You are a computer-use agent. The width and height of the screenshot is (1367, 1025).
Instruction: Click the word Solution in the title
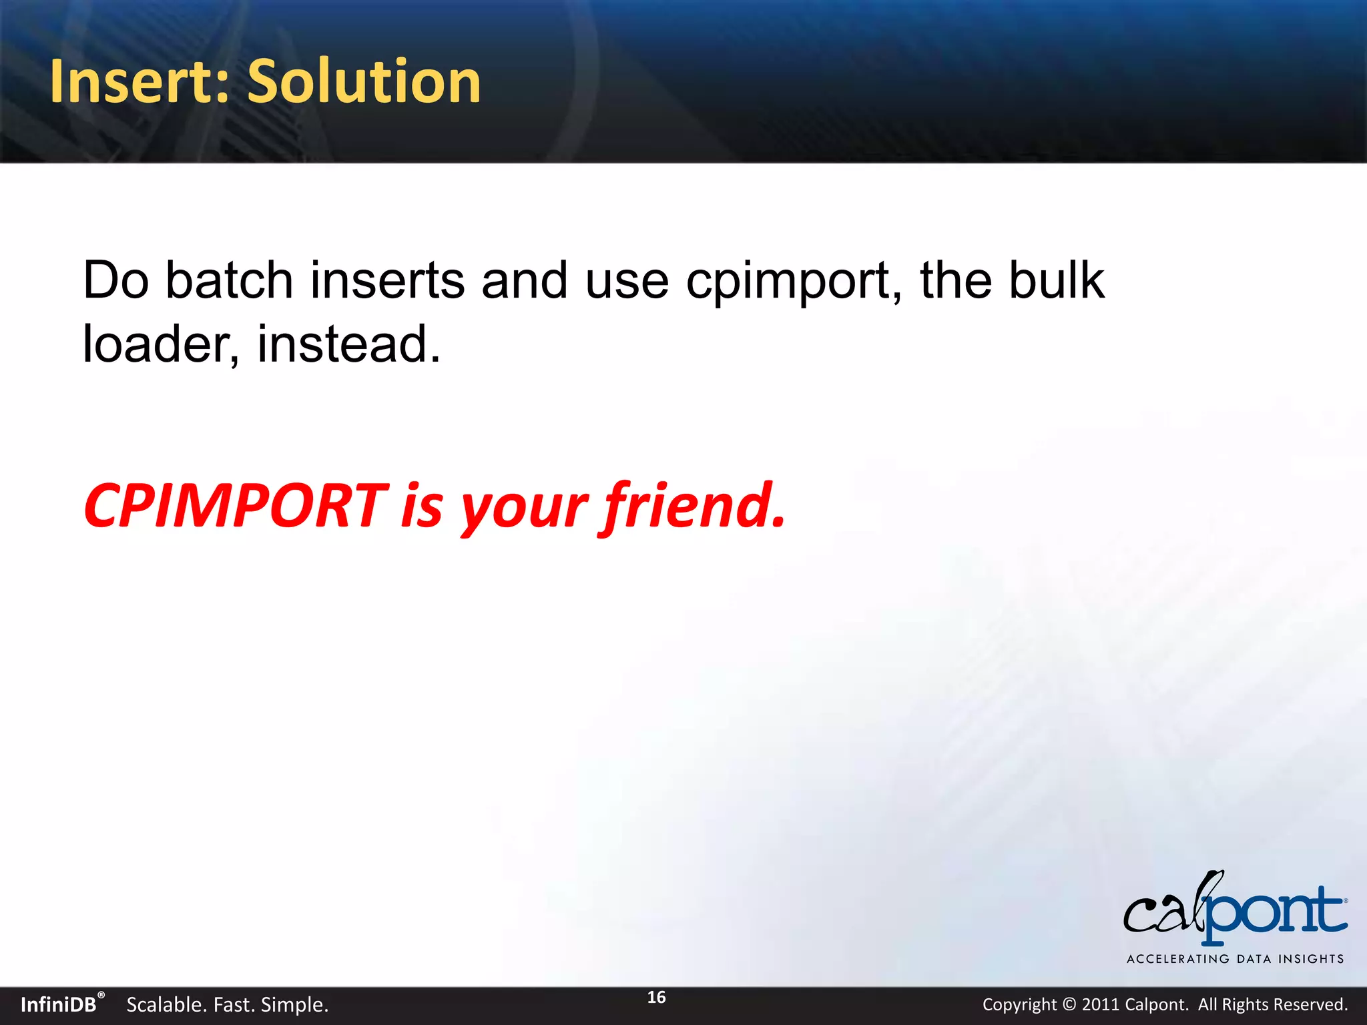pyautogui.click(x=364, y=81)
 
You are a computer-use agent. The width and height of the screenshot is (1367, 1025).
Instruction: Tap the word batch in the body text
pyautogui.click(x=229, y=280)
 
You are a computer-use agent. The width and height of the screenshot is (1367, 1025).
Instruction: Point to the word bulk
pyautogui.click(x=1056, y=280)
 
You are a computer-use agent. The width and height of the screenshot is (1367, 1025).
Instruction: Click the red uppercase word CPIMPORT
pyautogui.click(x=235, y=505)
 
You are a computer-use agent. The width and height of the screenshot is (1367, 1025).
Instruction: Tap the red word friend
pyautogui.click(x=694, y=505)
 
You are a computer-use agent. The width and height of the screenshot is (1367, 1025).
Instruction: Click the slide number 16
pyautogui.click(x=656, y=998)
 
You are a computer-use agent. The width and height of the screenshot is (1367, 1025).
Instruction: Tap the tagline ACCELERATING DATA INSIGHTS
pyautogui.click(x=1235, y=959)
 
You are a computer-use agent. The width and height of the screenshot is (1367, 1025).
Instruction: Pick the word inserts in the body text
pyautogui.click(x=387, y=280)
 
